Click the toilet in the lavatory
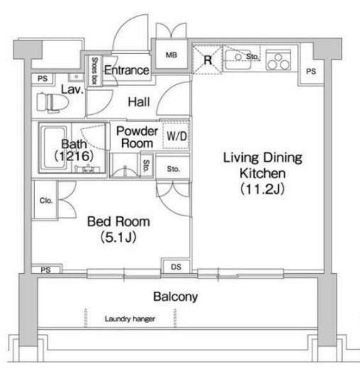point(53,103)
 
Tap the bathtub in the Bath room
point(54,148)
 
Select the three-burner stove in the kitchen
point(278,60)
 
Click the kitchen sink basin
point(238,60)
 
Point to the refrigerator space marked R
point(207,60)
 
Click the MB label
point(172,55)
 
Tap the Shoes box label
point(94,71)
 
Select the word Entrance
point(126,70)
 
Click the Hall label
point(139,102)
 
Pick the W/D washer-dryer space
point(176,135)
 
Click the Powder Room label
point(137,137)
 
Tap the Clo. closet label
point(46,201)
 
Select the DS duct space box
point(176,267)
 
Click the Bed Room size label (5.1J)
point(119,237)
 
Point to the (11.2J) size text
point(263,189)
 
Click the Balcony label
point(175,297)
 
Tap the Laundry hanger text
point(130,319)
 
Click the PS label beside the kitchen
point(311,72)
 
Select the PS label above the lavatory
point(43,79)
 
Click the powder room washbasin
point(125,167)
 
